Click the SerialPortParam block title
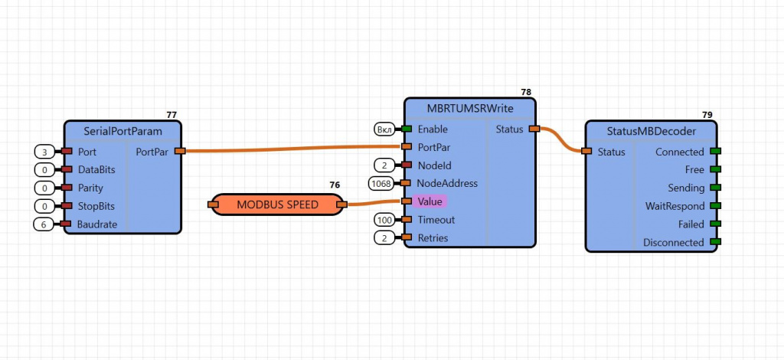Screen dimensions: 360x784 coord(122,131)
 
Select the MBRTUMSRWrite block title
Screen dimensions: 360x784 coord(470,108)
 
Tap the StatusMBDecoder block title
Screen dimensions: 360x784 coord(652,131)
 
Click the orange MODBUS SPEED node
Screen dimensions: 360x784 coord(277,205)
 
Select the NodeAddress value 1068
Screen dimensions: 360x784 coord(381,183)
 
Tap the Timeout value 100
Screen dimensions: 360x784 coord(384,220)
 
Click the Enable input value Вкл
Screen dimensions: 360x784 coord(384,129)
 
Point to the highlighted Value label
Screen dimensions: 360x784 coord(430,201)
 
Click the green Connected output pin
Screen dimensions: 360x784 coord(715,152)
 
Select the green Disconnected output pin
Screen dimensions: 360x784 coord(715,242)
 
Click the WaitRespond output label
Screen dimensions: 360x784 coord(674,206)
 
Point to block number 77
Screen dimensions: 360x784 coord(171,115)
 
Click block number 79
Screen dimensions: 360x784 coord(707,115)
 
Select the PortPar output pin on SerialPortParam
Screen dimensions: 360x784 coord(179,151)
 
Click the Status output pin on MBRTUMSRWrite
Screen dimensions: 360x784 coord(534,129)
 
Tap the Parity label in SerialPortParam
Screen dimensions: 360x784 coord(90,188)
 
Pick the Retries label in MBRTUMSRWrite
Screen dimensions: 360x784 coord(433,237)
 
